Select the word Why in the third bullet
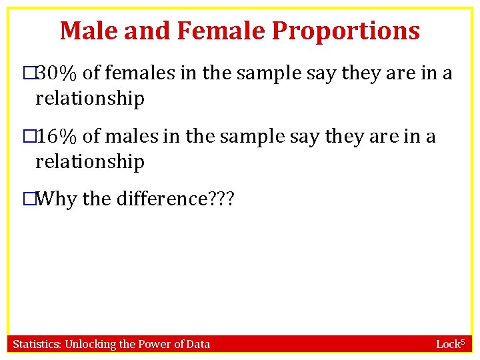[x=55, y=199]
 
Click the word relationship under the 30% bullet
[x=90, y=99]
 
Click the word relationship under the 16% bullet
[x=90, y=161]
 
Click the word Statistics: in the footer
[x=37, y=344]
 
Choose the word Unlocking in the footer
[x=90, y=344]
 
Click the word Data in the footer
[x=197, y=344]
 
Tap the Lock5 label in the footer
[x=449, y=344]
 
